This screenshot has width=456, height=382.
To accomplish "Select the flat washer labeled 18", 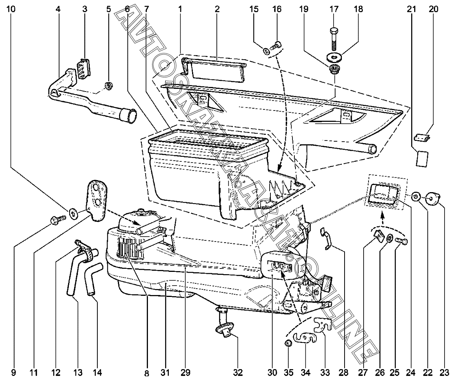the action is coord(335,57).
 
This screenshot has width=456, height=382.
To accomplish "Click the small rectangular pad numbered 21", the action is coord(422,158).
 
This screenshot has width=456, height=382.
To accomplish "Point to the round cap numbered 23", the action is coord(432,199).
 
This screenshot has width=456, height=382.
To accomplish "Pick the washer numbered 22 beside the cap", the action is coord(416,197).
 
